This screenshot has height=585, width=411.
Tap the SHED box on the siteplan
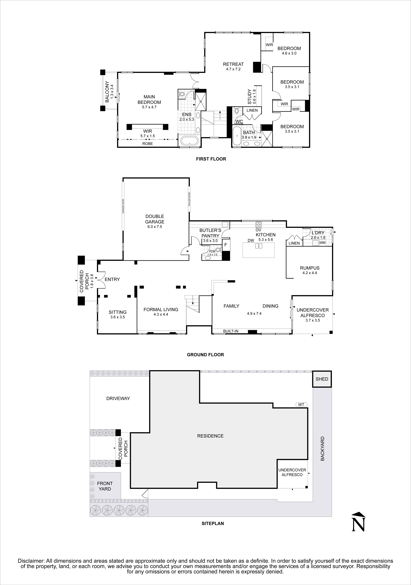point(322,379)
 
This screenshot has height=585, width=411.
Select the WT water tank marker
point(301,404)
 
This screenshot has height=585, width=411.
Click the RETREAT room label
point(233,64)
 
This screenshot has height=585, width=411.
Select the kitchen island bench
point(259,250)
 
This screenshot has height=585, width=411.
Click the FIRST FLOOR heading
point(211,159)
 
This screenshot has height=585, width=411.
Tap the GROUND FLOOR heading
point(205,355)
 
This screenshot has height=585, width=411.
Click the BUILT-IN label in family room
point(231,331)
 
